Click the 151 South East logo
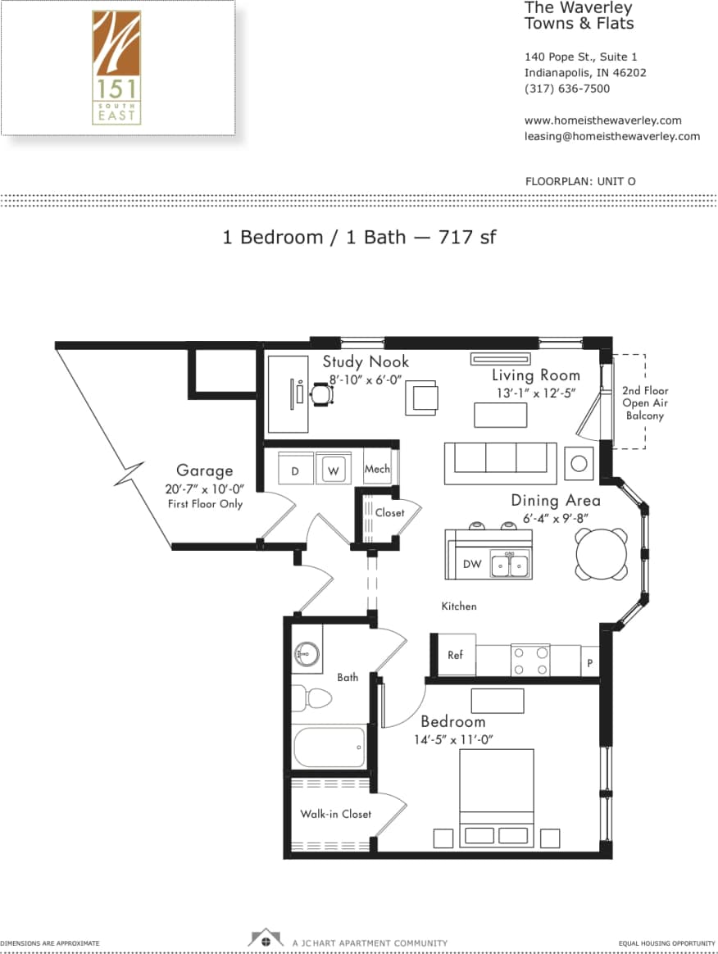(x=116, y=67)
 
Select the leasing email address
(x=611, y=136)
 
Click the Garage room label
(x=204, y=470)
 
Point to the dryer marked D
(x=294, y=470)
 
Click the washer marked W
(x=333, y=470)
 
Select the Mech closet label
(x=377, y=469)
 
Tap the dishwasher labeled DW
(x=472, y=564)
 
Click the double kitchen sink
(x=510, y=564)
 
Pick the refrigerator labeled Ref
(x=455, y=655)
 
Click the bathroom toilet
(x=312, y=698)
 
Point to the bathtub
(x=329, y=747)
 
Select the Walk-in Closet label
(x=335, y=814)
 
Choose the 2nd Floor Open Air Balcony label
(x=644, y=403)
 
